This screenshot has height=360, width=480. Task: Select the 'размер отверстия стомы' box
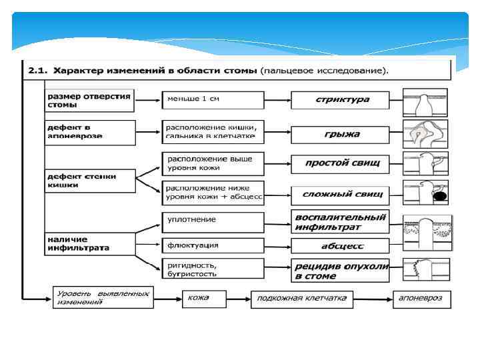[89, 99]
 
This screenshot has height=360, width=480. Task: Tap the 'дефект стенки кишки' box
[89, 180]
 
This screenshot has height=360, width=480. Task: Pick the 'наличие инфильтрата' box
[89, 243]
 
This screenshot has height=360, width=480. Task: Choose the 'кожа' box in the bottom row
[204, 298]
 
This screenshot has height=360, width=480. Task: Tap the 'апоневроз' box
[422, 298]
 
